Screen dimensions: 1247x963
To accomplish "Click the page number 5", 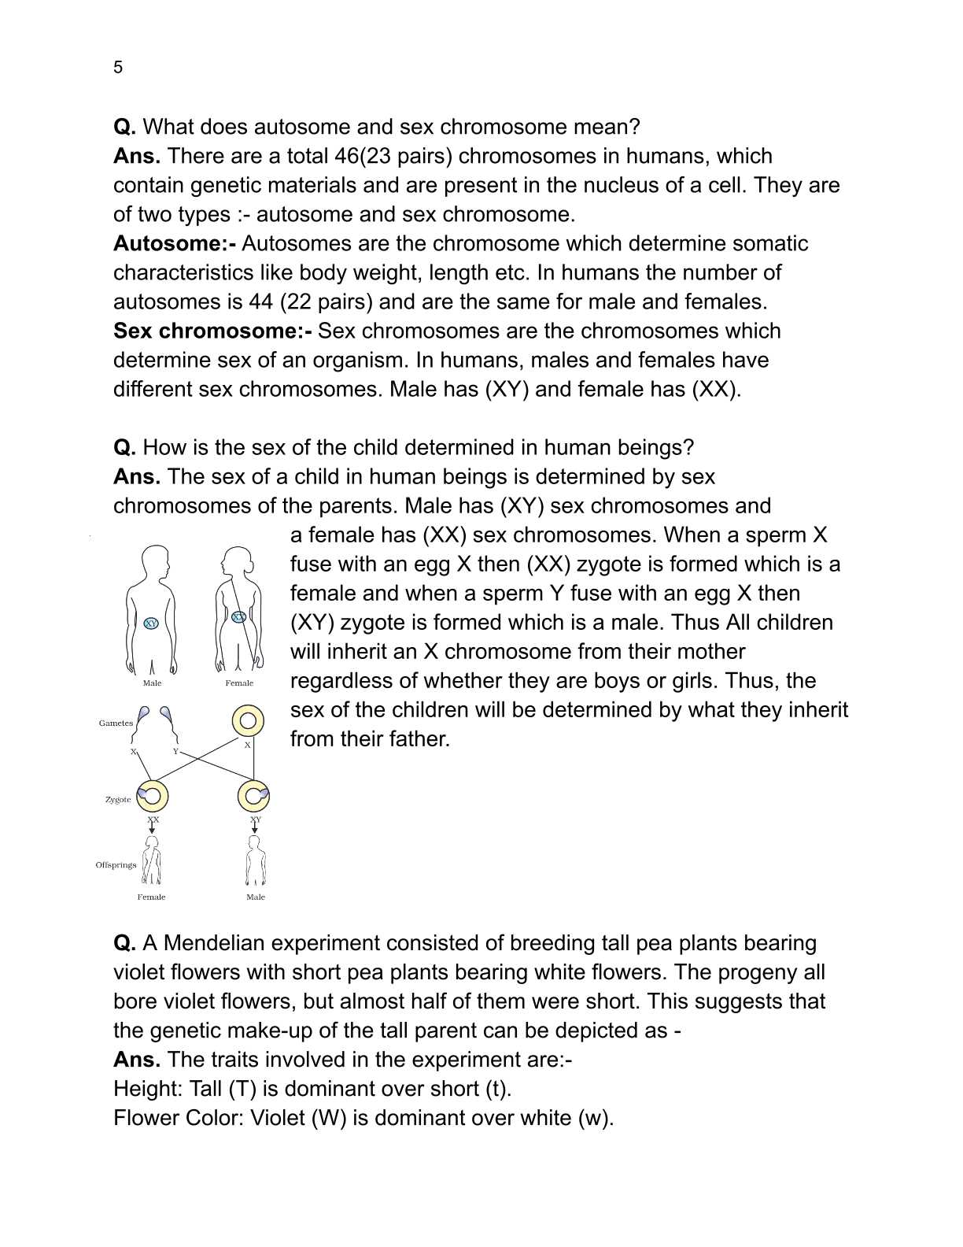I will pyautogui.click(x=118, y=68).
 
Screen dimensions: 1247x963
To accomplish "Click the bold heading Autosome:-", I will pyautogui.click(x=175, y=243).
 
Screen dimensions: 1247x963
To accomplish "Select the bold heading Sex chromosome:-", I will pyautogui.click(x=212, y=331).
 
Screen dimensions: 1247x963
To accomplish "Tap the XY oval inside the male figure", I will pyautogui.click(x=151, y=623).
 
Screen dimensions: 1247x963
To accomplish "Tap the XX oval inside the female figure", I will pyautogui.click(x=239, y=617).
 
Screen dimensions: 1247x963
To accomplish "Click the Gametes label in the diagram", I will pyautogui.click(x=116, y=723).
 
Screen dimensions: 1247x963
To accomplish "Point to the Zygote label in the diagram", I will pyautogui.click(x=118, y=799).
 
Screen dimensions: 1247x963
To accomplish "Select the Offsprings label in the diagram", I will pyautogui.click(x=116, y=864).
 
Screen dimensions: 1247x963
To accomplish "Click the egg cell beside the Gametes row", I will pyautogui.click(x=247, y=720).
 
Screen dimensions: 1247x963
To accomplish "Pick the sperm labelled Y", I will pyautogui.click(x=167, y=716).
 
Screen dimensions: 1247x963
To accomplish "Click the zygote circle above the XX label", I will pyautogui.click(x=153, y=796).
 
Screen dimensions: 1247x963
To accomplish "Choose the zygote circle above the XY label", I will pyautogui.click(x=253, y=796).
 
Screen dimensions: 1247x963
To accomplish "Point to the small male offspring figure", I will pyautogui.click(x=255, y=862).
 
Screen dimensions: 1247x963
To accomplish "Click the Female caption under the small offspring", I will pyautogui.click(x=151, y=897).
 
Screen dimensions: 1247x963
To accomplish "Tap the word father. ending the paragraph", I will pyautogui.click(x=417, y=738).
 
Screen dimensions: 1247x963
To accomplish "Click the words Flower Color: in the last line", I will pyautogui.click(x=178, y=1118).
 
